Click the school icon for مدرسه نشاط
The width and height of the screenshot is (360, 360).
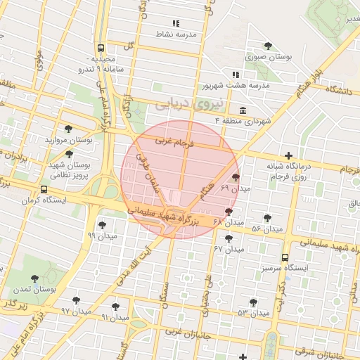[176, 23]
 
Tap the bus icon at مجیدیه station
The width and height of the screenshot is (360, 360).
[101, 49]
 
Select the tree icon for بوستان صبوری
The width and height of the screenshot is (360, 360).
[268, 46]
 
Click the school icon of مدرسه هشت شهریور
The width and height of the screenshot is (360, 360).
[236, 75]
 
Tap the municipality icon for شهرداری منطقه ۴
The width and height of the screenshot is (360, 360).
[243, 111]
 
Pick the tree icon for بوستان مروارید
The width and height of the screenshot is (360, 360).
[68, 129]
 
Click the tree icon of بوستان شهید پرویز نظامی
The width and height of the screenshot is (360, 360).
[69, 153]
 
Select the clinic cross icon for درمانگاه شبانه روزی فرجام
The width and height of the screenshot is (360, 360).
[288, 155]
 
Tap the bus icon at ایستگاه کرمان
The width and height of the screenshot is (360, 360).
[45, 190]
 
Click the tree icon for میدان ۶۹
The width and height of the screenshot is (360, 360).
[235, 178]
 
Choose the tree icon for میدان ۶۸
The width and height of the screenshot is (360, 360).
[229, 211]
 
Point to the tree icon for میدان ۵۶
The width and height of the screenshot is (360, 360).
[268, 218]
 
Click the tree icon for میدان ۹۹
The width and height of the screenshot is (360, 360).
[103, 225]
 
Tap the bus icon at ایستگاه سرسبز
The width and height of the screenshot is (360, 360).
[285, 257]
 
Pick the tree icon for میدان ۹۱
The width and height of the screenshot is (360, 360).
[115, 307]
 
